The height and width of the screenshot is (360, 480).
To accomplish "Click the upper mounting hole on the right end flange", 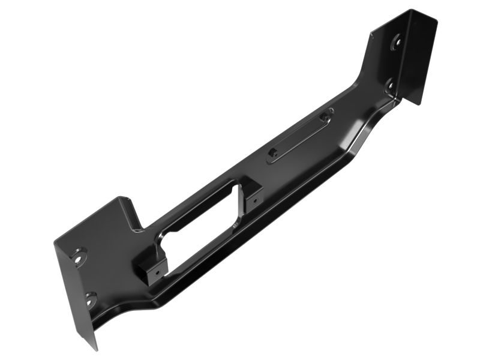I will pyautogui.click(x=396, y=43).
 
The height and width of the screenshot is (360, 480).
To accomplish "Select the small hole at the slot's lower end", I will pyautogui.click(x=274, y=152).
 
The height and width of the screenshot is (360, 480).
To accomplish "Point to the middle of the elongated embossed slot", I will pyautogui.click(x=299, y=135).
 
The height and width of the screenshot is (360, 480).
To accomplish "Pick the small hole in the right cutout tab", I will pyautogui.click(x=255, y=196).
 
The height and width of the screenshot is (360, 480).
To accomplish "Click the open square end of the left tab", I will pyautogui.click(x=144, y=273).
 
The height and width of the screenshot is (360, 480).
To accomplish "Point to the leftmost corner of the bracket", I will pyautogui.click(x=55, y=244).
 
